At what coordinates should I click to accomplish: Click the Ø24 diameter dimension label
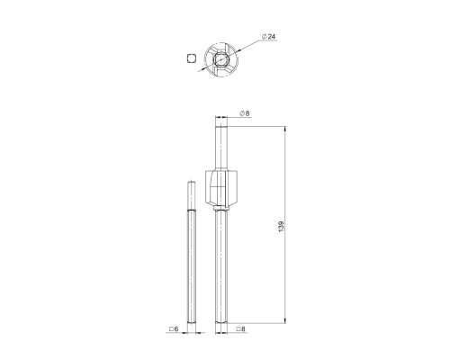pos(268,37)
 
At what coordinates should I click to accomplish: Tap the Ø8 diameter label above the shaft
pos(245,113)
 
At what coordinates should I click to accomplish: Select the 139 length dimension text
pos(281,227)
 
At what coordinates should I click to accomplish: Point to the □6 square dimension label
pos(174,329)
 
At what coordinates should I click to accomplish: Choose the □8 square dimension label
pos(240,329)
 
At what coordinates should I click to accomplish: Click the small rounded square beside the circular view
pos(191,58)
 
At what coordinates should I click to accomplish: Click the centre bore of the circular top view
pos(221,59)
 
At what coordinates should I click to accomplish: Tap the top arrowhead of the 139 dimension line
pos(284,130)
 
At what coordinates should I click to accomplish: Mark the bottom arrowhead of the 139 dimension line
pos(284,320)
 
